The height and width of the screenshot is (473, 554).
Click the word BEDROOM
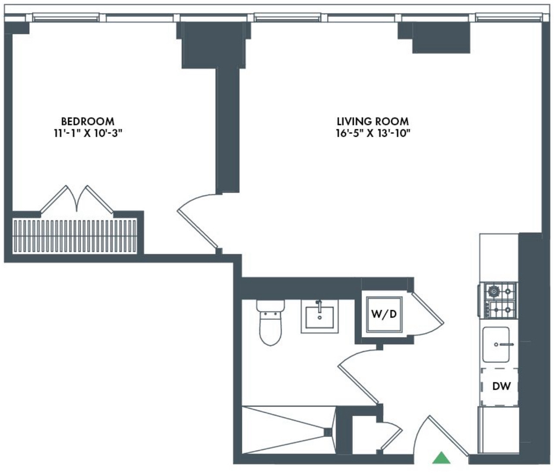[88, 121]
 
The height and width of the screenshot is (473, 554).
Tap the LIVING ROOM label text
[373, 121]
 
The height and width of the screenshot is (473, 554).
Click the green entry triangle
[441, 458]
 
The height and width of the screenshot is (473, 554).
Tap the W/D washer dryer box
[384, 314]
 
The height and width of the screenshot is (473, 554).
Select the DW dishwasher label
[502, 386]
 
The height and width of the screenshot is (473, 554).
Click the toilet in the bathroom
[271, 323]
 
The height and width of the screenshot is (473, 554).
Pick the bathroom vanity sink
[319, 317]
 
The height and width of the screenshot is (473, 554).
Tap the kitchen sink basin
[497, 344]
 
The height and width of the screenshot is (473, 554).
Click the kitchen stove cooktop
[498, 300]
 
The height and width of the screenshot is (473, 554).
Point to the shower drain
[327, 432]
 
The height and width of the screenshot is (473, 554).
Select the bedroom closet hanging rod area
[75, 236]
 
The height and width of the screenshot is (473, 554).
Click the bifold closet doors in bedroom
[77, 199]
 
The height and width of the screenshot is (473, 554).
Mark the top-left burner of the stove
[492, 291]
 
